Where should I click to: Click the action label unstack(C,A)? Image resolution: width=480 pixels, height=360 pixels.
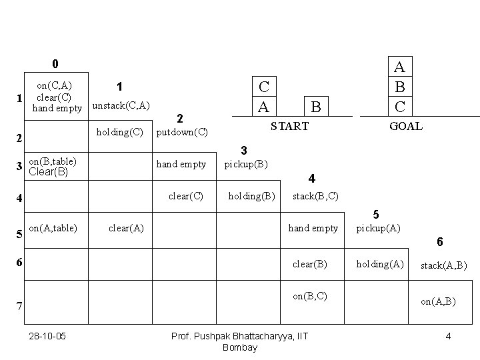pos(121,105)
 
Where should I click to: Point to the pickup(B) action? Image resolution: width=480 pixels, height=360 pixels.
pos(246,163)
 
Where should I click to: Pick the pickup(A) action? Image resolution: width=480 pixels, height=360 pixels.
pos(378,228)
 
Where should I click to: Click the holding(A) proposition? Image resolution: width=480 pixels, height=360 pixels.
pos(379,264)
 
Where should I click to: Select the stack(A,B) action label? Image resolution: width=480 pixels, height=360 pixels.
pos(443,266)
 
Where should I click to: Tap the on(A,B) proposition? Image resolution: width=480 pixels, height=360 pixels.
pos(438,301)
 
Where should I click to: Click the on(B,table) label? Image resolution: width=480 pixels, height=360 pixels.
pos(53,161)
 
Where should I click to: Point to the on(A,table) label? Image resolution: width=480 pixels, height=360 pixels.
pos(53,228)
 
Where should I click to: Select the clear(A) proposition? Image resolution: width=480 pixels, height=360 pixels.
pos(125,228)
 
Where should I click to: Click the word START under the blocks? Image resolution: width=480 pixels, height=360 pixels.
pos(289,126)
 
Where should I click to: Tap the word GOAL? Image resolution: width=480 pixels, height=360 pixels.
pos(405,126)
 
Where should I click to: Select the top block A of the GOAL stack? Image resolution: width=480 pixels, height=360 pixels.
pos(399,67)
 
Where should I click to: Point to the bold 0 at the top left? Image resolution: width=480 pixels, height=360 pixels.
pos(55,64)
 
